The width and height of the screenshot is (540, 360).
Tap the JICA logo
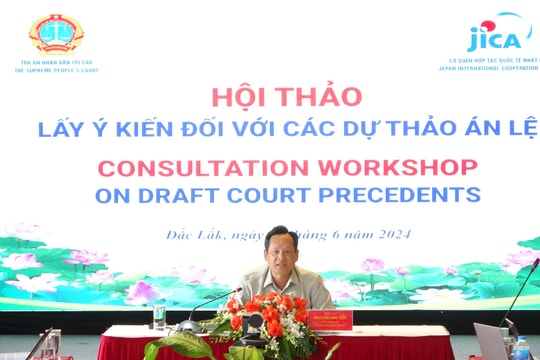point(496,36)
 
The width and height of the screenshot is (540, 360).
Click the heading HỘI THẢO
point(286,97)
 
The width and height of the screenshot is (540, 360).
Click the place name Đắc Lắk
point(193,236)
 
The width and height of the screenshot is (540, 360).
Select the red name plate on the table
point(330,320)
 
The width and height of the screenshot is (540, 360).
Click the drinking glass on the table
point(159,317)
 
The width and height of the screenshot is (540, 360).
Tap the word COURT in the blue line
point(294,194)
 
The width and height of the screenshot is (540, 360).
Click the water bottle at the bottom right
point(521,348)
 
